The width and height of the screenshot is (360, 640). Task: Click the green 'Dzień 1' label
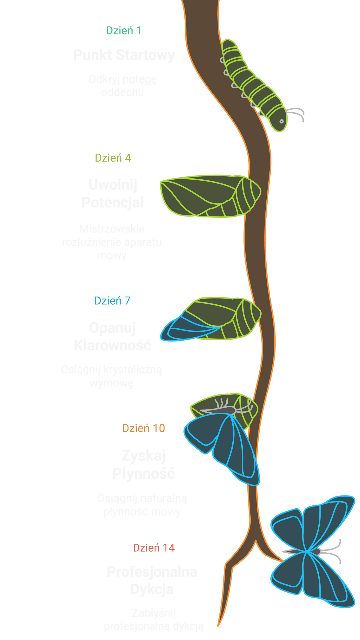[123, 31]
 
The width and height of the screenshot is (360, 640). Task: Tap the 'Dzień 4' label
[113, 158]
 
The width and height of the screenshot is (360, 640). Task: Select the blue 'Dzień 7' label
[112, 301]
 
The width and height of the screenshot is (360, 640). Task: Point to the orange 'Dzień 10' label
[144, 428]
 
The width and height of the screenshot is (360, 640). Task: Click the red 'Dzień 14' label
[154, 548]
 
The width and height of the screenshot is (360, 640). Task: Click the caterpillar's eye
[281, 121]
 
